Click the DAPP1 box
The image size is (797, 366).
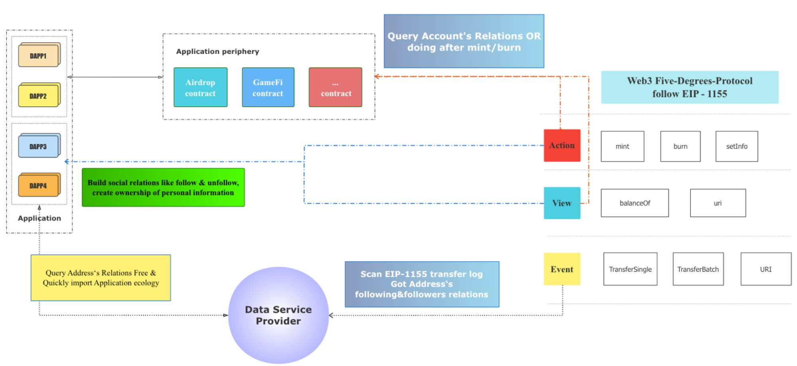[39, 55]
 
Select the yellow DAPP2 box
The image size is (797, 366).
[39, 96]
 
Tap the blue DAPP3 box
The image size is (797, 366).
[39, 146]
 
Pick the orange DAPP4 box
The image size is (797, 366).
[39, 185]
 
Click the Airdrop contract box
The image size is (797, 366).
[200, 87]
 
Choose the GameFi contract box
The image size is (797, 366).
[268, 87]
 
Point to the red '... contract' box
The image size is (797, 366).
[335, 87]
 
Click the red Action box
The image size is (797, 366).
[562, 145]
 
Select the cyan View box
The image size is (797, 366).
[562, 203]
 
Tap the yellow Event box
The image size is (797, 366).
[562, 269]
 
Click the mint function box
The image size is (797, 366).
[622, 146]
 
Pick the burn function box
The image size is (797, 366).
[680, 146]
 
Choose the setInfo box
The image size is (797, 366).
[736, 146]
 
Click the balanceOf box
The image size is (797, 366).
[634, 203]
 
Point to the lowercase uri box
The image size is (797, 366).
[718, 203]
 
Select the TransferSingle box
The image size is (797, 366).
[630, 269]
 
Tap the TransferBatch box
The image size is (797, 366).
[698, 269]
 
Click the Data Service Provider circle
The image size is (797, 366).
[278, 315]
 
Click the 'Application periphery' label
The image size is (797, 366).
[218, 51]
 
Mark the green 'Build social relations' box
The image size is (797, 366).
[163, 187]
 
